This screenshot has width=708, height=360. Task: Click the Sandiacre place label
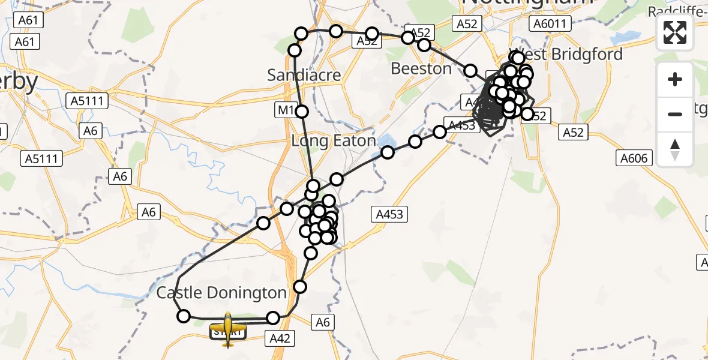click(304, 75)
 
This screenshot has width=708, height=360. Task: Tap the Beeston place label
click(421, 68)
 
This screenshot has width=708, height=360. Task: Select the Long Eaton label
click(333, 141)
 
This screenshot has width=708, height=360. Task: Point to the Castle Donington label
click(221, 293)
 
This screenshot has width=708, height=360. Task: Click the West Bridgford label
click(566, 54)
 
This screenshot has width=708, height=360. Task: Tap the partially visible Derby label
click(19, 81)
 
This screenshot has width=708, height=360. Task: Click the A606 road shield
click(634, 158)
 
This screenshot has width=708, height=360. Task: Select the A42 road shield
click(280, 338)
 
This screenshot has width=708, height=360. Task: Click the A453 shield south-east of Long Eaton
click(389, 214)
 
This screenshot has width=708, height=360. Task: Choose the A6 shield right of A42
click(323, 323)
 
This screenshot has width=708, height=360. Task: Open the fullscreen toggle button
click(675, 32)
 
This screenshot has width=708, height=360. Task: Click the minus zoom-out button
click(675, 114)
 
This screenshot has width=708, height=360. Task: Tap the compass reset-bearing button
click(675, 149)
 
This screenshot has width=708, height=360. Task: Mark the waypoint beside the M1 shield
click(302, 111)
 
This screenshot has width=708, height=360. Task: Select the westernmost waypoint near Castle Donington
click(184, 316)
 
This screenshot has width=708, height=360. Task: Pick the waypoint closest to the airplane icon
click(273, 317)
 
